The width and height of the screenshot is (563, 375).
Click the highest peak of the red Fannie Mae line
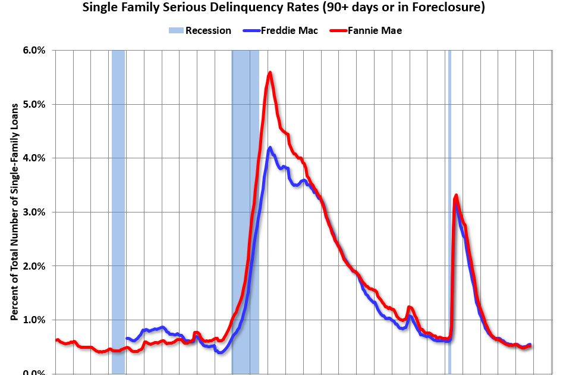tap(271, 73)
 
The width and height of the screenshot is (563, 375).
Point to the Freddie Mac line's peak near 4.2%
tap(270, 148)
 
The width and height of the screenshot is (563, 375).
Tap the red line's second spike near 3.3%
tap(455, 195)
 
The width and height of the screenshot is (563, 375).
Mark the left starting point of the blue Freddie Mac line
tap(127, 338)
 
